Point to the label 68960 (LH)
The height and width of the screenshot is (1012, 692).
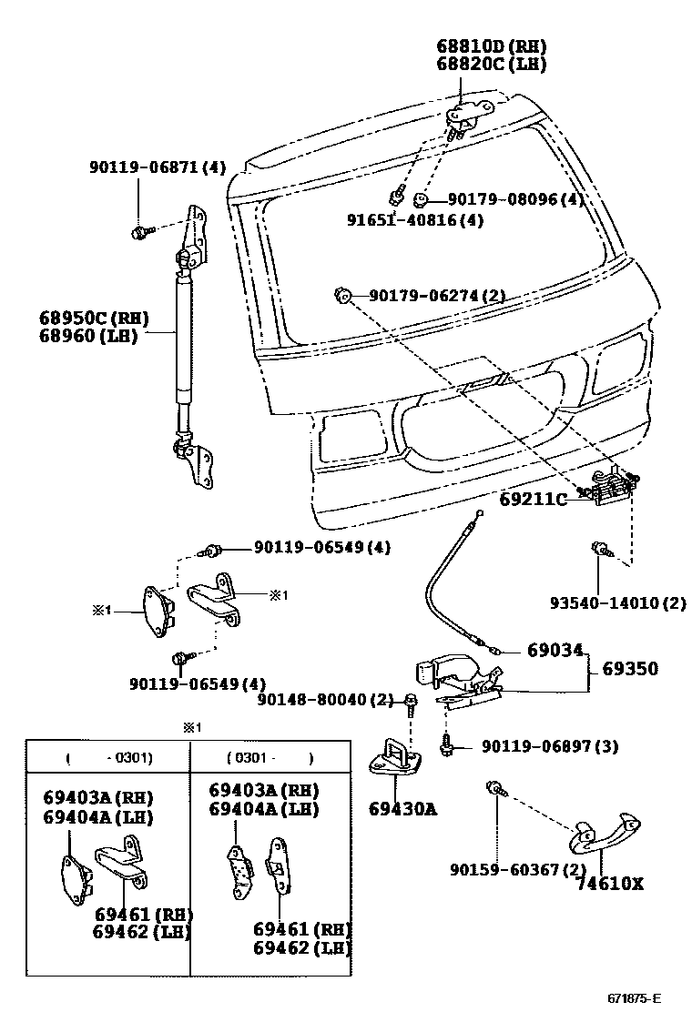(87, 336)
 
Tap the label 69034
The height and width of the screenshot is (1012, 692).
(555, 651)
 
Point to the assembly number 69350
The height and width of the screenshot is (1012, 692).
(629, 669)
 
